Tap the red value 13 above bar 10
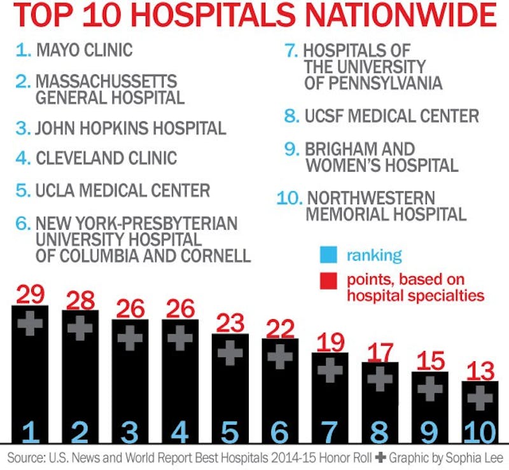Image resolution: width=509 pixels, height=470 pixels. (x=480, y=370)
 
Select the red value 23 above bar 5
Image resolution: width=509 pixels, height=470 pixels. (x=230, y=322)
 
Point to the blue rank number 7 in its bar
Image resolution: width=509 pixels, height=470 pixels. (x=330, y=432)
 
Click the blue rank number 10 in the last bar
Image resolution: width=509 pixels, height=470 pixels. (x=480, y=432)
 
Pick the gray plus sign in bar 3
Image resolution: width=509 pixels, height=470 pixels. (x=130, y=338)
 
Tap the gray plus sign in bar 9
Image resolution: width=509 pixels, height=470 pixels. (x=429, y=388)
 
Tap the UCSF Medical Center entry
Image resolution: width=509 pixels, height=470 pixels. (x=391, y=116)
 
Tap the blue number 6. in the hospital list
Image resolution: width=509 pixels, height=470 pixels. (x=23, y=224)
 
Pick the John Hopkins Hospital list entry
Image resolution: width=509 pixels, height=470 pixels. (x=130, y=127)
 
